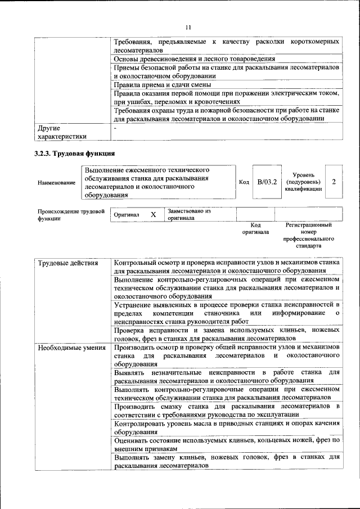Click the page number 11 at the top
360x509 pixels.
[x=188, y=26]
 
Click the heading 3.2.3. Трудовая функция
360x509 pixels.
[x=74, y=153]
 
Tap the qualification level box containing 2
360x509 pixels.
[x=334, y=182]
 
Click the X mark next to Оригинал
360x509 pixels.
[x=153, y=215]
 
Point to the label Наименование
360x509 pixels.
[x=56, y=183]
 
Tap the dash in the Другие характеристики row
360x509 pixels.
[x=115, y=128]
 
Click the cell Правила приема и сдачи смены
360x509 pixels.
[x=159, y=85]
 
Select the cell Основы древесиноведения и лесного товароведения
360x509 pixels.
[x=194, y=58]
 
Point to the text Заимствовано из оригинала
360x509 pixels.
[x=188, y=214]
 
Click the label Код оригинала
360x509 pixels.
[x=255, y=228]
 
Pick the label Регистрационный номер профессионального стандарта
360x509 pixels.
[x=308, y=235]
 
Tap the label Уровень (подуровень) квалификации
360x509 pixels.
[x=304, y=182]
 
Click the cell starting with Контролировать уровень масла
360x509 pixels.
[x=227, y=427]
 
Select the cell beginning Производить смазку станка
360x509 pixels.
[x=227, y=410]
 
